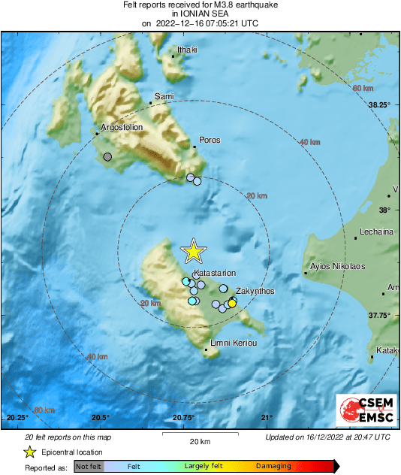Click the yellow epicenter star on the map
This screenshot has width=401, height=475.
tap(194, 252)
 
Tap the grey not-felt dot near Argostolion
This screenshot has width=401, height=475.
tap(107, 157)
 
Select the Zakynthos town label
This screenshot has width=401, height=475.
tap(255, 291)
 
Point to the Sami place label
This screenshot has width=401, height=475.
tap(164, 96)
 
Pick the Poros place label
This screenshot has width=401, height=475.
tap(209, 140)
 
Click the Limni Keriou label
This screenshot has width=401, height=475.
tap(232, 343)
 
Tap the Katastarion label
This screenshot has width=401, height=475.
tap(215, 273)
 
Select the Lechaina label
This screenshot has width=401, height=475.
tap(377, 231)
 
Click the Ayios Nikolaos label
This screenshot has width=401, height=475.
tap(337, 266)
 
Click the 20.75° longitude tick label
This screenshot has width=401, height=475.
tap(183, 418)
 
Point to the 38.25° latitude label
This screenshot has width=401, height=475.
tap(378, 105)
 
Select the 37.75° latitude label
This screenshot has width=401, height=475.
tap(378, 316)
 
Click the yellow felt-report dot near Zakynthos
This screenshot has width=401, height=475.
tap(232, 302)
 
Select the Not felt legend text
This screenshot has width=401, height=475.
tap(89, 466)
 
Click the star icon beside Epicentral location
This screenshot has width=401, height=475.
tap(29, 452)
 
